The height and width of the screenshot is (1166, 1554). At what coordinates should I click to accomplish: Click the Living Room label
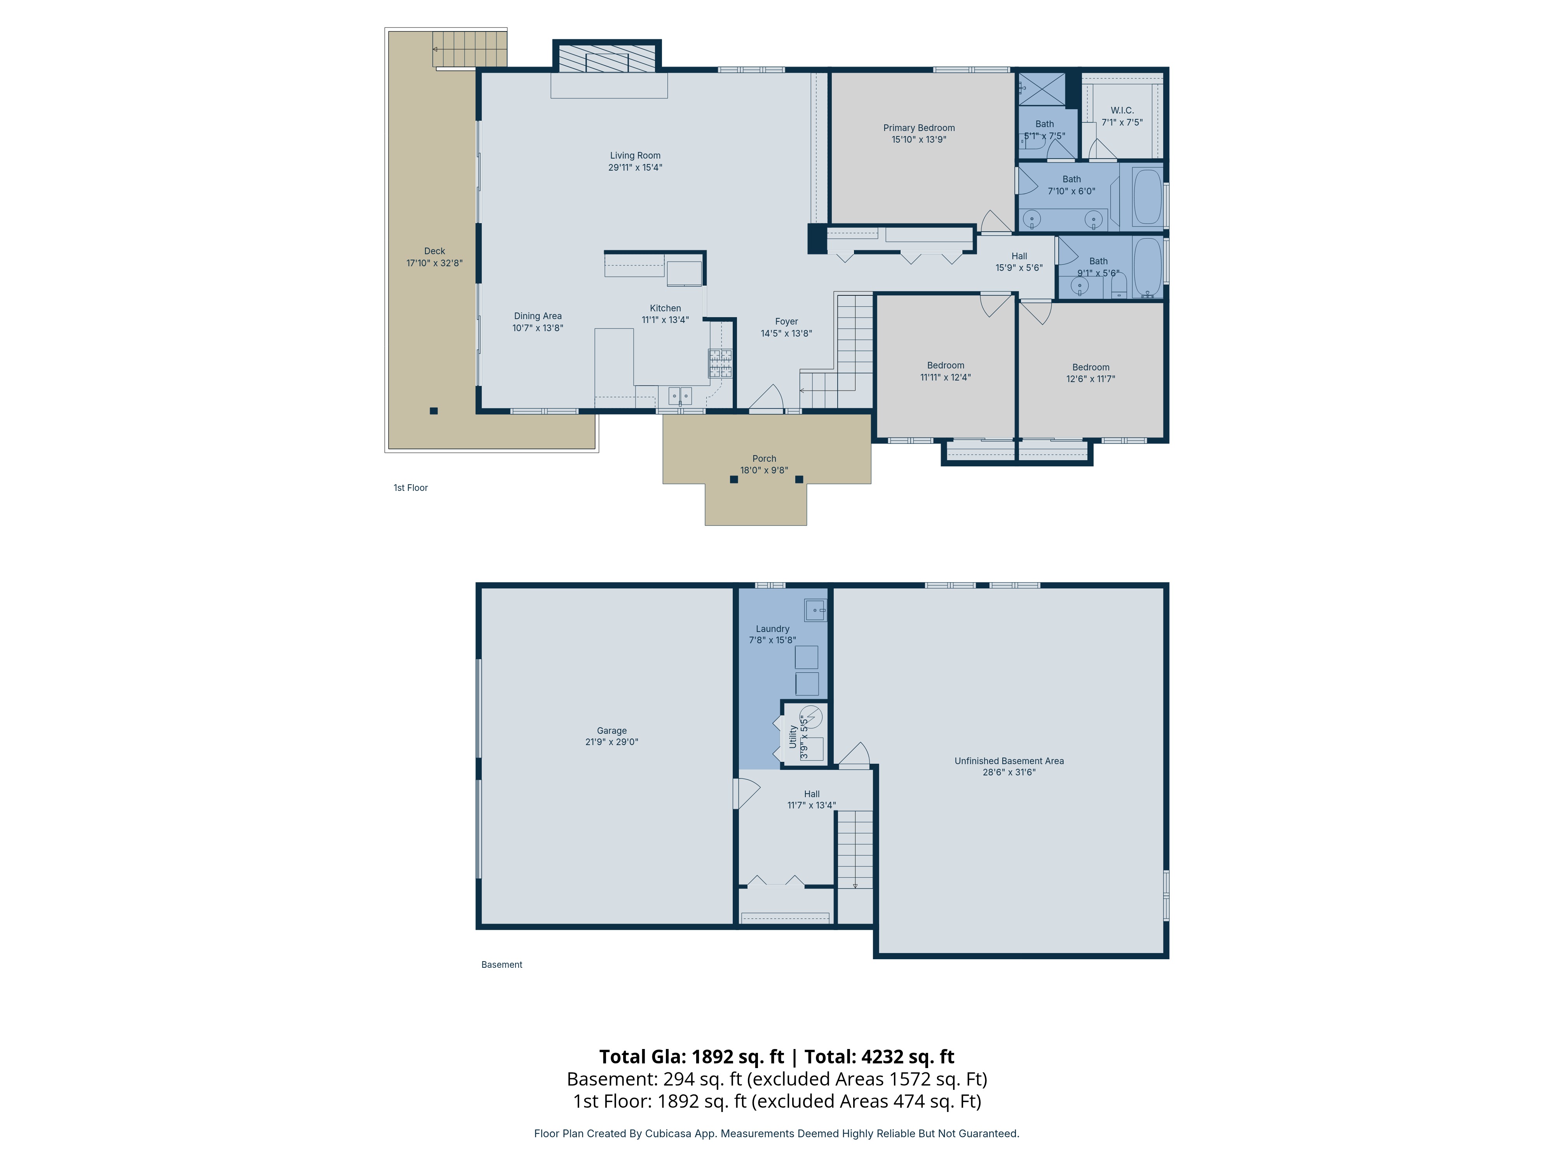pos(635,155)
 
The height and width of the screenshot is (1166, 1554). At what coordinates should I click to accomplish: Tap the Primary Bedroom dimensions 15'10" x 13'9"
pos(919,139)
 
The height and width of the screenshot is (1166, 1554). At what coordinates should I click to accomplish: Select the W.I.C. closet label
pos(1122,110)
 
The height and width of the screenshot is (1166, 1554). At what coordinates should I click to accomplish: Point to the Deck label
pos(434,251)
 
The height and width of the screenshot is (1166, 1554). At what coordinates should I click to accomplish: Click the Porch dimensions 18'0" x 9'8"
pos(764,470)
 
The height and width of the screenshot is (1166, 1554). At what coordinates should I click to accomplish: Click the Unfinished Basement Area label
pos(1009,761)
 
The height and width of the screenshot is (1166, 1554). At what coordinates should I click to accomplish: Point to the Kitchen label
pos(665,308)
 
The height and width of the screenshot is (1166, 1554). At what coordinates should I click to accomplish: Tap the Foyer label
pos(786,321)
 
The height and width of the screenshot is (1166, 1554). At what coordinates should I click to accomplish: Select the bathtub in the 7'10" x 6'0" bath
pos(1147,197)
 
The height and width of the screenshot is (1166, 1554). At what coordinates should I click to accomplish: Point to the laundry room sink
pos(815,610)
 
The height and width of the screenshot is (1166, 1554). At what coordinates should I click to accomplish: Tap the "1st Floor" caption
pos(410,488)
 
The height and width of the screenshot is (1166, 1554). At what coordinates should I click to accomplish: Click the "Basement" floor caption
pos(502,964)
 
